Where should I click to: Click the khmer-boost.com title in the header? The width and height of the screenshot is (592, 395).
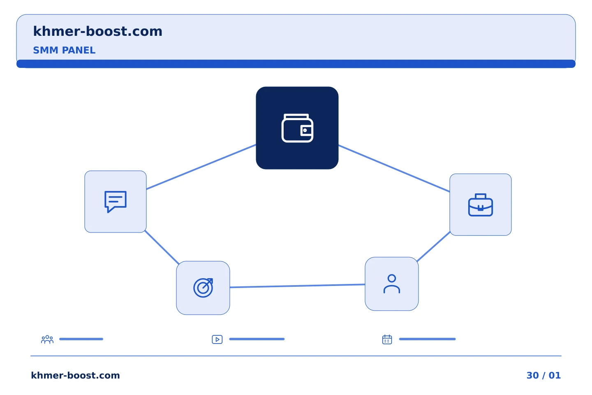[97, 31]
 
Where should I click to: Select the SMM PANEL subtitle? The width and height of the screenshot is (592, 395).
[64, 50]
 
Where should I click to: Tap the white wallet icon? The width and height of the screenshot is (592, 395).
[297, 128]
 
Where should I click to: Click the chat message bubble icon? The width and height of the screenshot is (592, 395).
[116, 202]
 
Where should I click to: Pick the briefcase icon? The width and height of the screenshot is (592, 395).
[481, 205]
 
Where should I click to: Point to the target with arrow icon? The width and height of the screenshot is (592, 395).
[203, 288]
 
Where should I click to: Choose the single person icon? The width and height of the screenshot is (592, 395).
[392, 284]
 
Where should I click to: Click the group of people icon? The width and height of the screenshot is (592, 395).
[47, 339]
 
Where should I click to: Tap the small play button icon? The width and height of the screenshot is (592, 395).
[217, 339]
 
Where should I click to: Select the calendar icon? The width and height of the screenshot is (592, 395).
[387, 339]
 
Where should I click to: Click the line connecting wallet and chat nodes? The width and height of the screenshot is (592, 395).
[201, 167]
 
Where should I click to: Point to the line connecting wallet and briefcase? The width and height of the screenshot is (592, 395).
[394, 168]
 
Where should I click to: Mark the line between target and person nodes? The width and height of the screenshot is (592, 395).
[297, 286]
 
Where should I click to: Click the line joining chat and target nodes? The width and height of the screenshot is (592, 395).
[162, 247]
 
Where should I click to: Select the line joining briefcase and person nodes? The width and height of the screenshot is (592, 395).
[433, 246]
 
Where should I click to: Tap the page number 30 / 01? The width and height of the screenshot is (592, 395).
[543, 375]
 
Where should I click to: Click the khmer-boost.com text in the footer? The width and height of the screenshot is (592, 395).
[75, 375]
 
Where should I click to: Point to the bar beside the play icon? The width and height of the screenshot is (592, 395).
[257, 339]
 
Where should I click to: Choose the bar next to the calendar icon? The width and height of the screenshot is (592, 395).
[428, 339]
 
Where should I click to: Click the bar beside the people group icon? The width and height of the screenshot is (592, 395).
[81, 339]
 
